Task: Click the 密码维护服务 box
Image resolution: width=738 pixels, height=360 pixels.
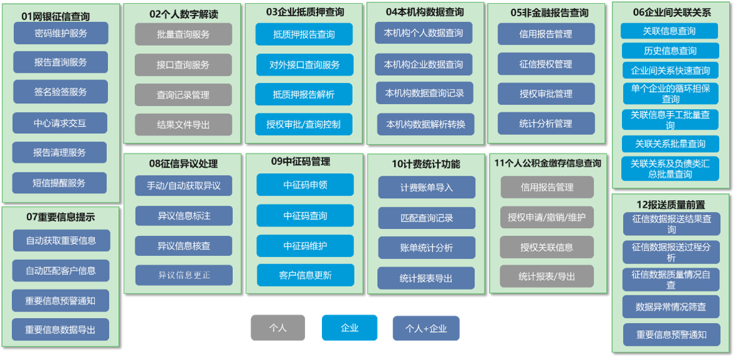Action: [61, 33]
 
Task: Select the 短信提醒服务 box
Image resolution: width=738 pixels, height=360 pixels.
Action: [60, 183]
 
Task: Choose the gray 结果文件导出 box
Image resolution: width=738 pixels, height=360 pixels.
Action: [183, 125]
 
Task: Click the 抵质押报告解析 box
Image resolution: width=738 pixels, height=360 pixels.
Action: [304, 95]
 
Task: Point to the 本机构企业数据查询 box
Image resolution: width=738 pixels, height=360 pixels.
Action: [424, 64]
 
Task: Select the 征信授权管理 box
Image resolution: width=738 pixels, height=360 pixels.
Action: [546, 64]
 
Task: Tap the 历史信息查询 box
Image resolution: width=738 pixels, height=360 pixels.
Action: [670, 51]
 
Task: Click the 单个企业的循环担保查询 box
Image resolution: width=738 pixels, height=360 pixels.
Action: [670, 93]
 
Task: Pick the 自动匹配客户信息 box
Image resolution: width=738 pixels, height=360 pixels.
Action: [61, 271]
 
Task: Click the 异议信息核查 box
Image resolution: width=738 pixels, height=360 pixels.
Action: [184, 246]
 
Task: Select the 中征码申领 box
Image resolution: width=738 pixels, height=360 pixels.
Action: [305, 185]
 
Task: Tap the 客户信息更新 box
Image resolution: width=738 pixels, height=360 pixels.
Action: [305, 275]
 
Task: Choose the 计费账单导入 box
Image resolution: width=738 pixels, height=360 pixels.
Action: [427, 188]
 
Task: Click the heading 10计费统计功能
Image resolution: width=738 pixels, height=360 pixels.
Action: [426, 164]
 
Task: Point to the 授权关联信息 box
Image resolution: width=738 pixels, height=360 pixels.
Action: [547, 247]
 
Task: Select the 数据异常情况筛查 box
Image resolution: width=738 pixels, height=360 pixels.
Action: [671, 307]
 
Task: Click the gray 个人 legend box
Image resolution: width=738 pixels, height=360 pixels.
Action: [278, 328]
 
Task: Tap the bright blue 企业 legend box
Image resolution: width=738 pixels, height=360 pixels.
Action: [350, 328]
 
